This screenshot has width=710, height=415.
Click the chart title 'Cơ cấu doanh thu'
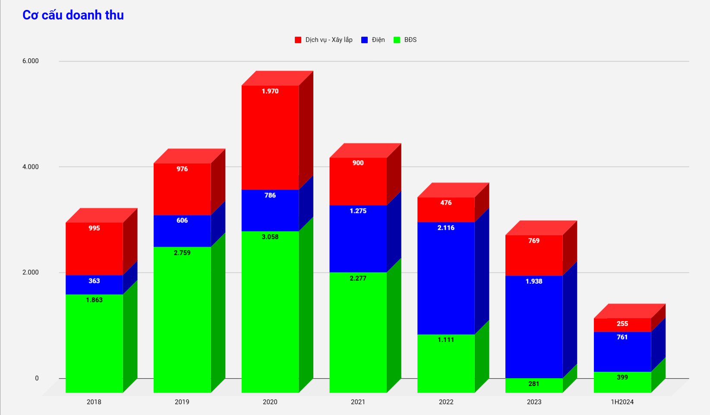(x=73, y=15)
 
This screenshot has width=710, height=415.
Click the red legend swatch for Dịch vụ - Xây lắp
(x=298, y=40)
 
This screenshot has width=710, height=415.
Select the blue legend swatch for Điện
(x=365, y=40)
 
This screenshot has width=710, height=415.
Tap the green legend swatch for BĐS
(x=397, y=40)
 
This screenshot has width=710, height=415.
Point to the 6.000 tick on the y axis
(x=31, y=61)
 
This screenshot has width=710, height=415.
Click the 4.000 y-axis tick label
(x=31, y=167)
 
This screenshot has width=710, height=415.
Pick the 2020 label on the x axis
(x=270, y=402)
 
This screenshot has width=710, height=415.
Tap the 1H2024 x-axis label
(x=622, y=402)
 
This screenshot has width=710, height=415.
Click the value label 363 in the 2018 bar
(x=94, y=281)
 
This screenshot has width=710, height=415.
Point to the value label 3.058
(x=270, y=237)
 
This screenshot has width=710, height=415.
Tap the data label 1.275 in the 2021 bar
(x=358, y=211)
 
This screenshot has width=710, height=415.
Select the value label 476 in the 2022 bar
(x=446, y=203)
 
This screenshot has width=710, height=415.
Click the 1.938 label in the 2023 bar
(x=534, y=282)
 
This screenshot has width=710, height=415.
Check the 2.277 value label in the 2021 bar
(x=358, y=279)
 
